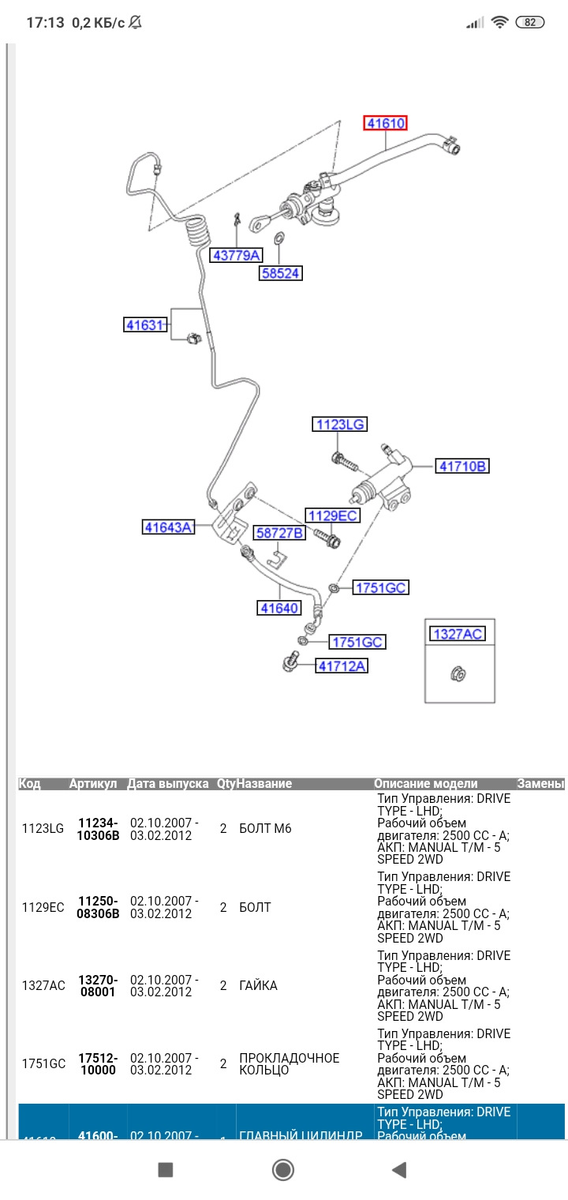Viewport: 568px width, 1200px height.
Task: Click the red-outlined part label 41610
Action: (385, 123)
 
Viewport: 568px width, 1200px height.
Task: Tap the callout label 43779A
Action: (236, 255)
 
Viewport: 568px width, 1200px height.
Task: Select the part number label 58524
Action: (281, 273)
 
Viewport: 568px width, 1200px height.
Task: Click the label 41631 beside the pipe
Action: (147, 324)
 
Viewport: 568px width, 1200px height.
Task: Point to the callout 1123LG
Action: (340, 425)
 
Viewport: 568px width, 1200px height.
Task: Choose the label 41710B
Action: (462, 467)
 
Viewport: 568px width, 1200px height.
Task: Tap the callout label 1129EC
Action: (333, 516)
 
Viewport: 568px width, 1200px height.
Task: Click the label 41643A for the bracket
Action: (168, 527)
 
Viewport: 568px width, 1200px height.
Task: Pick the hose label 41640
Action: (279, 608)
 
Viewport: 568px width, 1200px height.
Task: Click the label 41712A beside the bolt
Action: (342, 666)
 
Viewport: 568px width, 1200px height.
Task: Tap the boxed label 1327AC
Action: (458, 634)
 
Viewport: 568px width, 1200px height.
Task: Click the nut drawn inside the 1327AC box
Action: (458, 673)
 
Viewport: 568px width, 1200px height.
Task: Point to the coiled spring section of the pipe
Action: (199, 233)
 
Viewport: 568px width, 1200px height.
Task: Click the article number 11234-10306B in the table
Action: (99, 829)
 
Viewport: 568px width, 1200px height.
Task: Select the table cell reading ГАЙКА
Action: (258, 986)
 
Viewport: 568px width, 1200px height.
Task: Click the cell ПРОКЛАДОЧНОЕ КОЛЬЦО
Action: (289, 1064)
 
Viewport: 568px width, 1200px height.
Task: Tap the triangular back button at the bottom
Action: (399, 1170)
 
